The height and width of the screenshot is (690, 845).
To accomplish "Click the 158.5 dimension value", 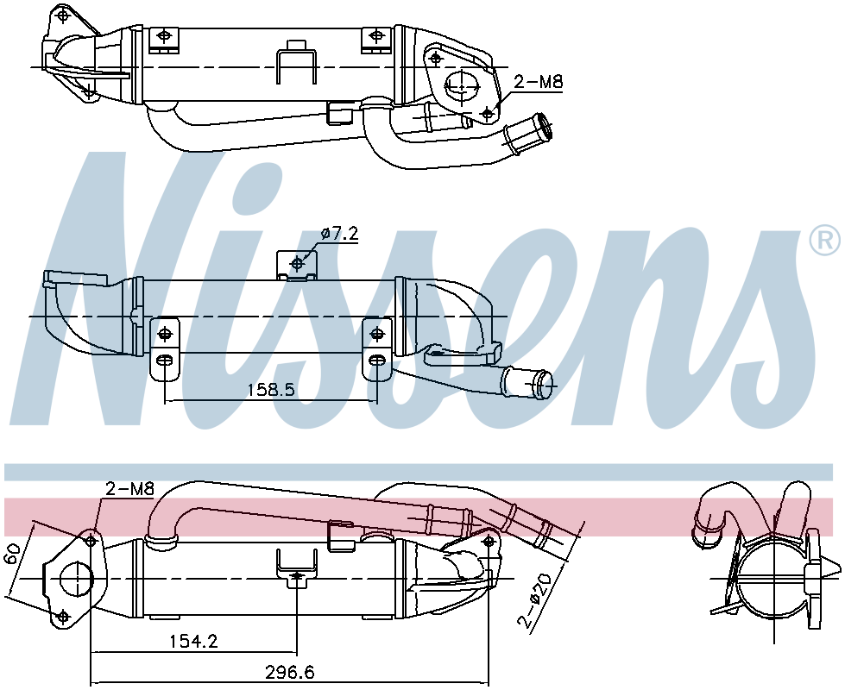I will [271, 390].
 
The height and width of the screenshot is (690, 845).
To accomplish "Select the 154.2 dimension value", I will [193, 642].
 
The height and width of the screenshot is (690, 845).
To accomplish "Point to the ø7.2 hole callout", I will [337, 234].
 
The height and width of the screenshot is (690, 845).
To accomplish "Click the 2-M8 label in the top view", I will [538, 83].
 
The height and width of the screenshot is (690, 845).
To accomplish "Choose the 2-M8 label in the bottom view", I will [129, 489].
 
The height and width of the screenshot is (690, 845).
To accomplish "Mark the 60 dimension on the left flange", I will [12, 555].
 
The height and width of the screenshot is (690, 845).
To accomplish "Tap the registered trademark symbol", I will [825, 239].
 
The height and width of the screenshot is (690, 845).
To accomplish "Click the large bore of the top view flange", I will [463, 84].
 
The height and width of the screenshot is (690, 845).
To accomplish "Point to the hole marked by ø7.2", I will [299, 262].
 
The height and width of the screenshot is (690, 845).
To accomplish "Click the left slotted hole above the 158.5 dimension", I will [165, 359].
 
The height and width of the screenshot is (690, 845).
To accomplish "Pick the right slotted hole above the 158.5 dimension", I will [376, 359].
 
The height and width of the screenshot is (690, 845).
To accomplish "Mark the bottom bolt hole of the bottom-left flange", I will [62, 616].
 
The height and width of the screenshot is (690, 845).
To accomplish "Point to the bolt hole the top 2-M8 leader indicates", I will [489, 113].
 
